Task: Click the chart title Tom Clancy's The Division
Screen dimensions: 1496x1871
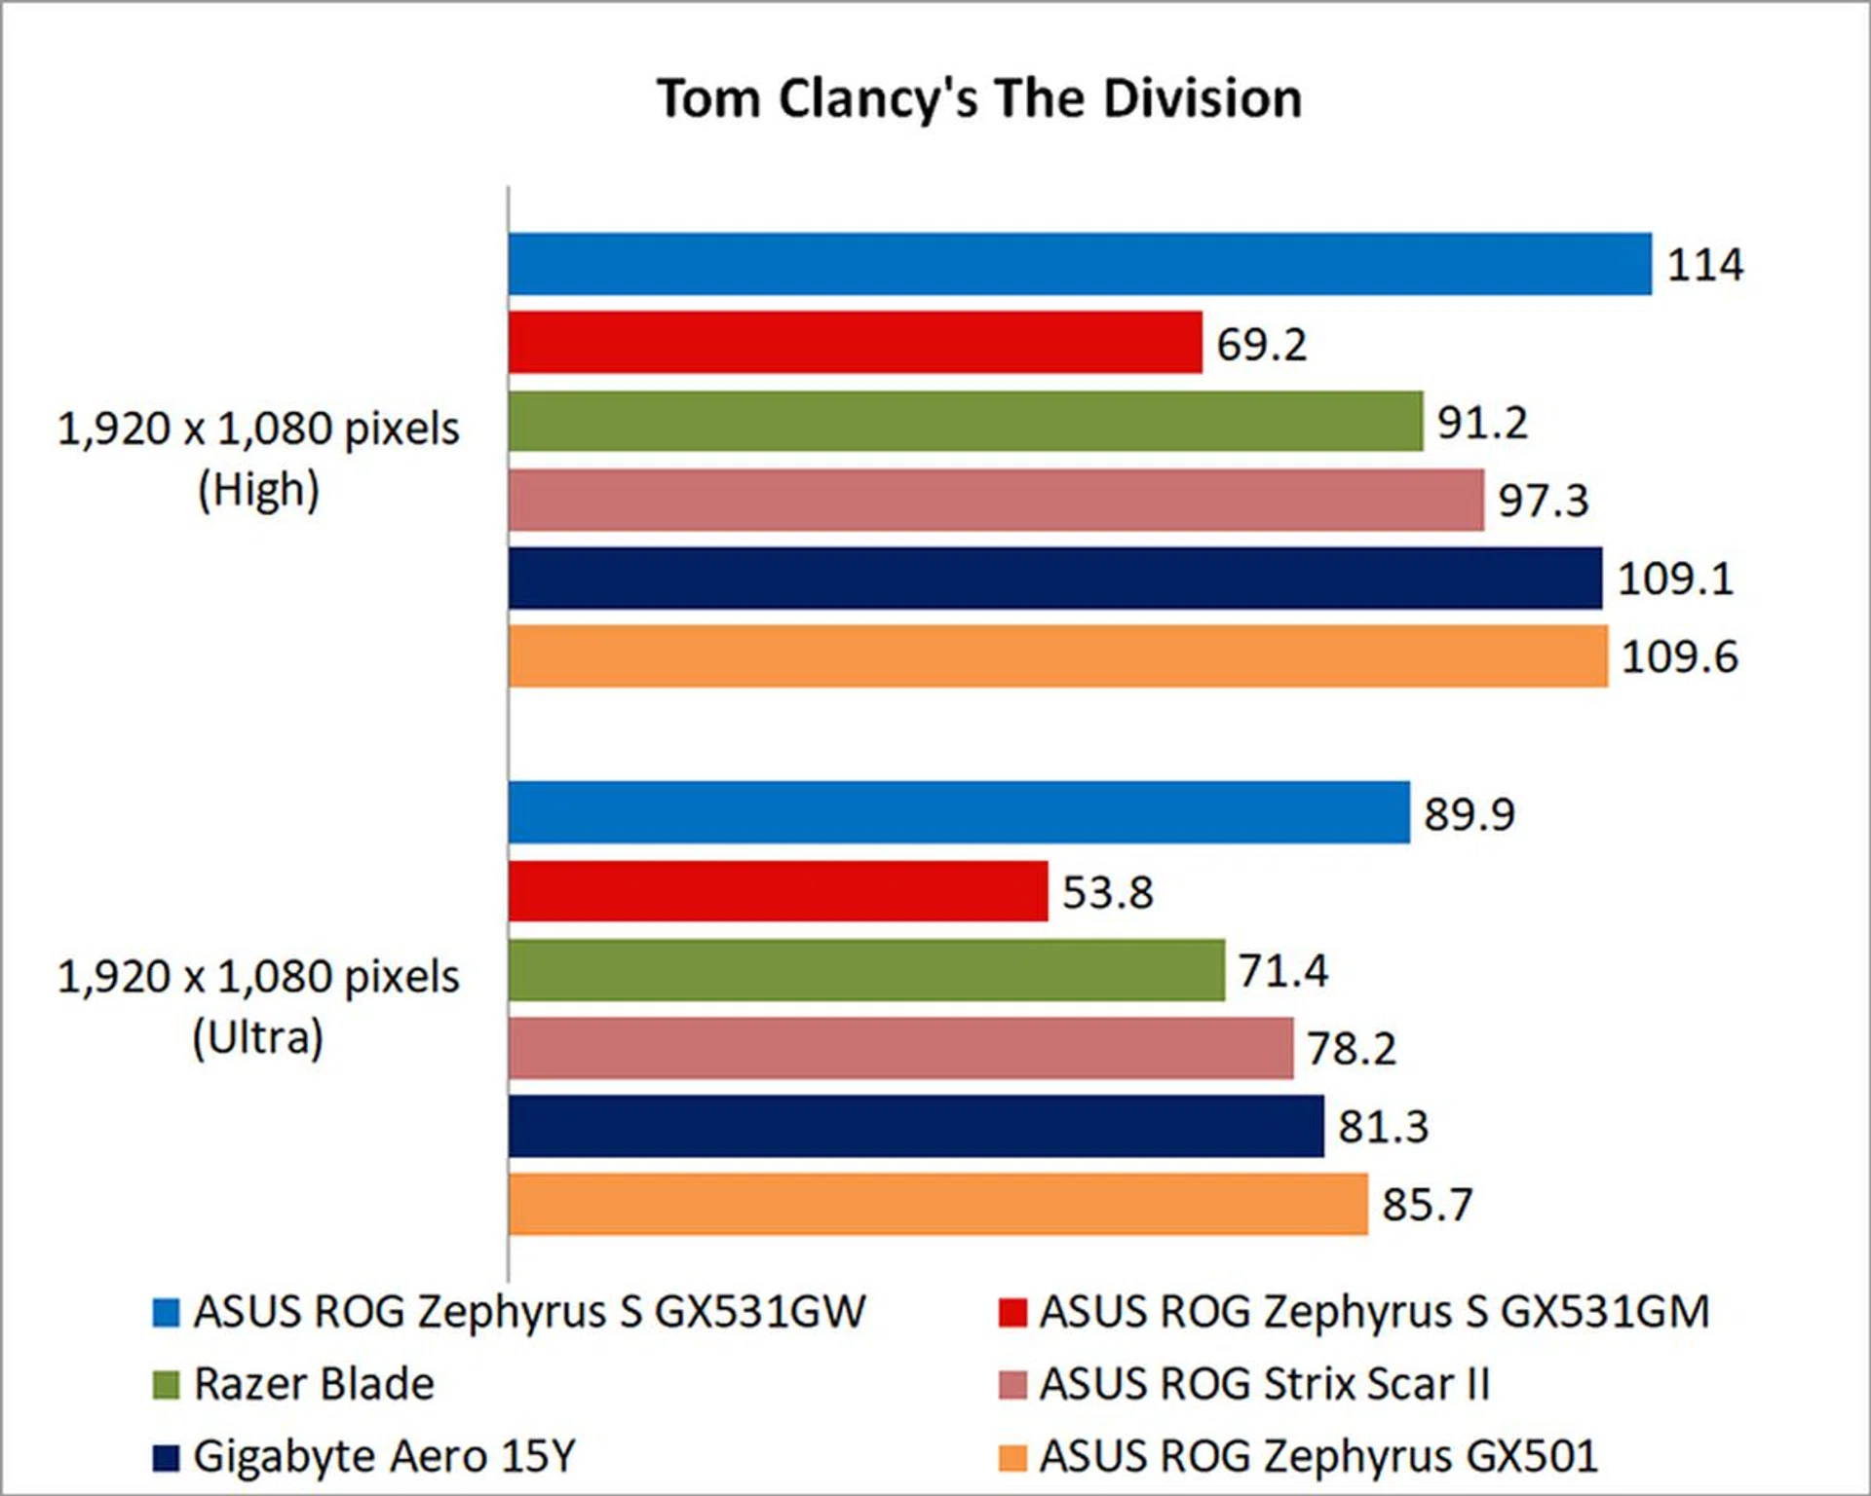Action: click(979, 98)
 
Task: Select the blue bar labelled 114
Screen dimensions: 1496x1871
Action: click(1080, 264)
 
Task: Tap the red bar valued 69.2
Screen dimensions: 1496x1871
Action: click(855, 343)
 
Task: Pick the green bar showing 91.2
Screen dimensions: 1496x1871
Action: click(965, 422)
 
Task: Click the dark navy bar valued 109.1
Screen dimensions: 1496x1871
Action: click(1054, 579)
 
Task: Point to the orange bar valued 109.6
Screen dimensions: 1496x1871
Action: click(1057, 656)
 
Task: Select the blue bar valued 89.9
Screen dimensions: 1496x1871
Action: click(959, 812)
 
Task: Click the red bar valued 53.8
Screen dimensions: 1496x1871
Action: click(778, 891)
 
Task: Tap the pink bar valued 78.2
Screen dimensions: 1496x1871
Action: click(900, 1049)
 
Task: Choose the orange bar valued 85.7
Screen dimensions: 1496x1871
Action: click(937, 1205)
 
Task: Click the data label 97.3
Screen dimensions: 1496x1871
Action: click(1543, 501)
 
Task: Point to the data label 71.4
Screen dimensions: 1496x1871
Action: click(1282, 971)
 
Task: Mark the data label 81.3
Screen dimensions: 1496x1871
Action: click(1383, 1127)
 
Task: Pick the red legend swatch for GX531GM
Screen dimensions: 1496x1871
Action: click(1012, 1313)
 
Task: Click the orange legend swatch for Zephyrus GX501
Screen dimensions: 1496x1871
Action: click(1012, 1458)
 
